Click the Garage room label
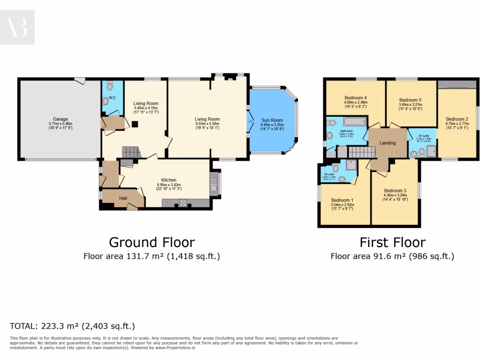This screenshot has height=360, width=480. tap(60, 120)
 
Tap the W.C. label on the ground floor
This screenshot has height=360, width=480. tap(112, 98)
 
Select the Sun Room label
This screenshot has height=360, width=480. tap(272, 120)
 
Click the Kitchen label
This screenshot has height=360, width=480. tap(169, 180)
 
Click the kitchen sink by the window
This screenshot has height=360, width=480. tap(214, 184)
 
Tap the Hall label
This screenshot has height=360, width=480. tap(123, 198)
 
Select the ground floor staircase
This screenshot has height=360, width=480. tap(131, 152)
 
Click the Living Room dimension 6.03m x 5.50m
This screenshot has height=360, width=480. tap(207, 124)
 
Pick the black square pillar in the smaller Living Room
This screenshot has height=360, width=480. tap(135, 124)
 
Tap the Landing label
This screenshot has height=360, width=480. tap(388, 143)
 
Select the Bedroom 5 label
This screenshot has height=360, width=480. tap(410, 100)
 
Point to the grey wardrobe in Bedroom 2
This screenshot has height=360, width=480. tap(457, 84)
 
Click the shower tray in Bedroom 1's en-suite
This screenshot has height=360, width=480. tap(351, 165)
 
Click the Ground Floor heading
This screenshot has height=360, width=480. tap(152, 242)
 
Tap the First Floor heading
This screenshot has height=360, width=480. tap(392, 242)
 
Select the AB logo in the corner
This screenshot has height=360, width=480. tap(17, 27)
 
